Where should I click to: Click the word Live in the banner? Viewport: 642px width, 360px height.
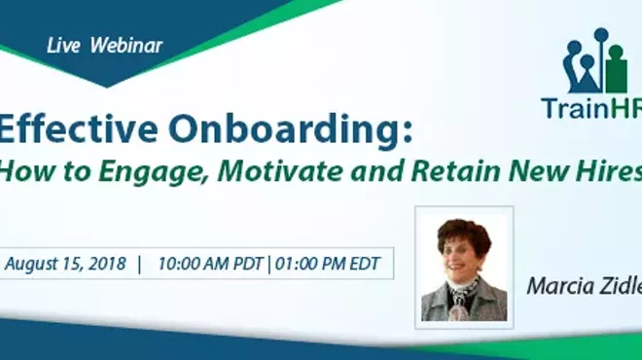tap(60, 46)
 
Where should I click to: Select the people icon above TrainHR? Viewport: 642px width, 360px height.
tap(595, 62)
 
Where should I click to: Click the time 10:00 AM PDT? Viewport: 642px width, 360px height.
tap(212, 264)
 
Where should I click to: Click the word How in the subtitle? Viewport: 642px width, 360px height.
tap(18, 173)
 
